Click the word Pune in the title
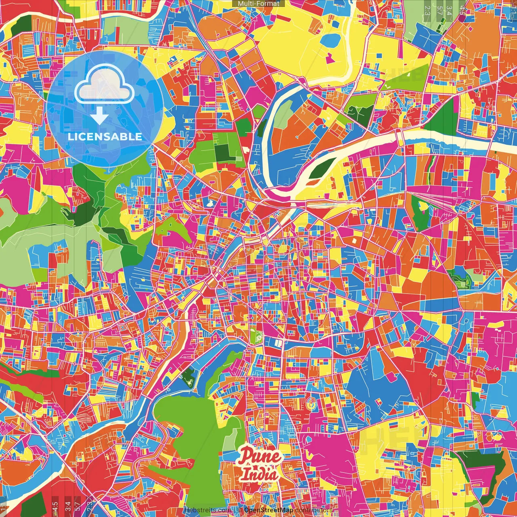259,456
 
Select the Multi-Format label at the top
258,4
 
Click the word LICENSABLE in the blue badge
105,137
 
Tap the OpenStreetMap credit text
268,510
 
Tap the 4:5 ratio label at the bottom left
55,506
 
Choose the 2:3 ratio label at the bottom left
89,506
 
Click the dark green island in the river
323,167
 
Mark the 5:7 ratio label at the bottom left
78,506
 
